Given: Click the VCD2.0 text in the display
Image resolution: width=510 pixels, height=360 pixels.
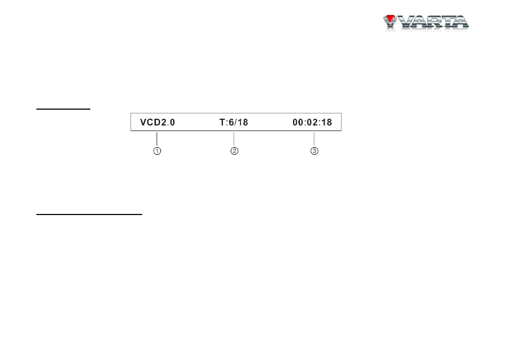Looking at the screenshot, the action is point(157,122).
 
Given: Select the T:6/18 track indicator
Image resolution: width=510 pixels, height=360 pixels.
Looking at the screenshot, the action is point(234,122).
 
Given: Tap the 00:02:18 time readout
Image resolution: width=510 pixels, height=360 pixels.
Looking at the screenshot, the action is point(312,122).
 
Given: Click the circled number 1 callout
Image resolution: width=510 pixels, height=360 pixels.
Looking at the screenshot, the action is point(157,151).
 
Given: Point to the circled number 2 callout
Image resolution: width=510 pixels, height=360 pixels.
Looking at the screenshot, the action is point(234,151).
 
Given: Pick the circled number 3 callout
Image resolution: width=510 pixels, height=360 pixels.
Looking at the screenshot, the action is point(314,151).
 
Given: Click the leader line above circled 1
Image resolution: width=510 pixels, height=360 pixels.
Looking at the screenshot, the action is point(157,139).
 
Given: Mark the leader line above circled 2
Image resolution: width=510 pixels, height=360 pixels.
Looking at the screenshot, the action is point(234,139).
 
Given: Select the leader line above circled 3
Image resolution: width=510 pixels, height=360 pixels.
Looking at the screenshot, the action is point(314,139).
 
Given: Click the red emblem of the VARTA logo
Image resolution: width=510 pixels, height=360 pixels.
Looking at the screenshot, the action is point(389,19).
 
